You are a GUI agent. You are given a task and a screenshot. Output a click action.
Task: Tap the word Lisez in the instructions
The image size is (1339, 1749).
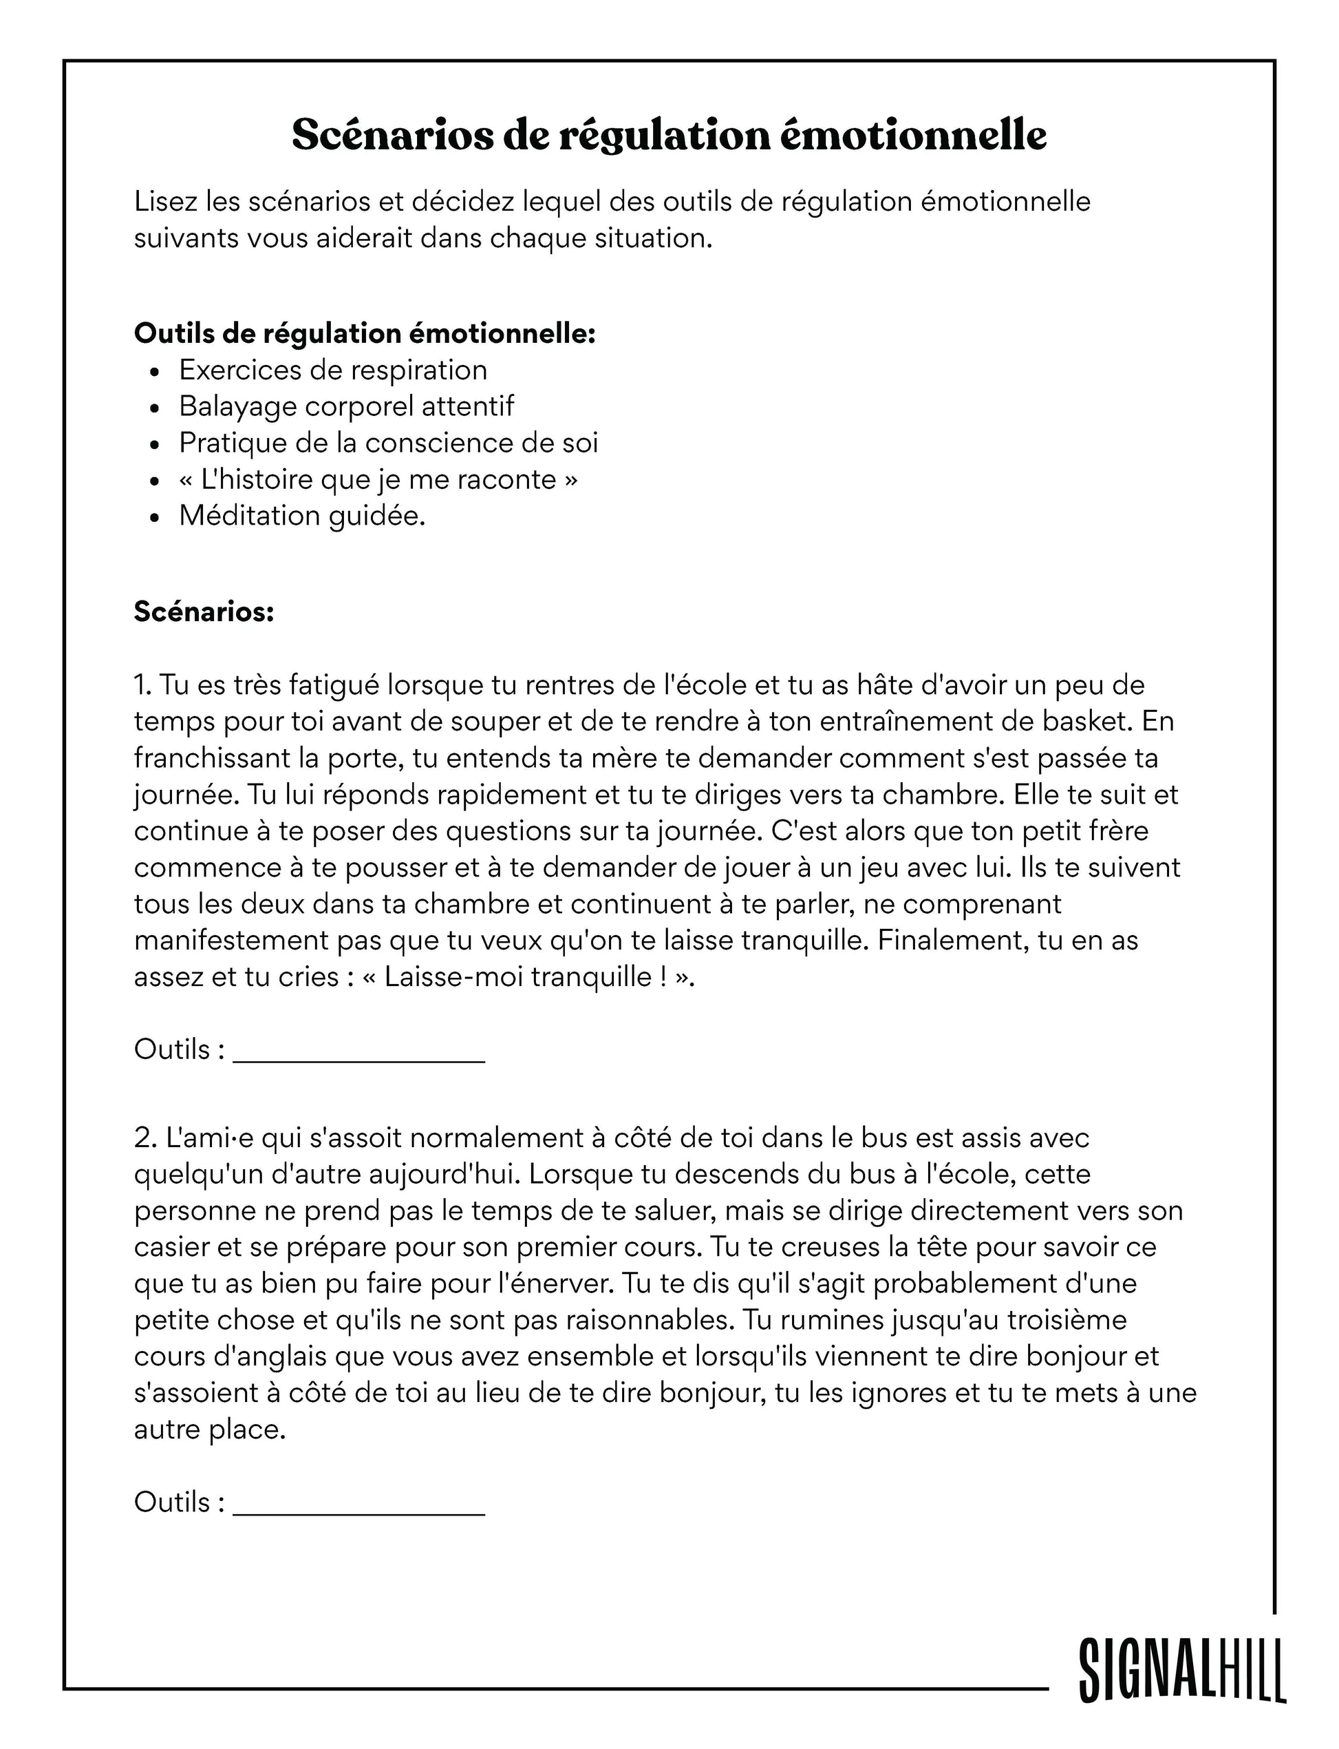tap(164, 202)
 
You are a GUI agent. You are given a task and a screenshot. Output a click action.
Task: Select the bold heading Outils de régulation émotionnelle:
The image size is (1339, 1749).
tap(364, 333)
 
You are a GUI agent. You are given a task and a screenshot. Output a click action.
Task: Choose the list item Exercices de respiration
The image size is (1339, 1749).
tap(332, 370)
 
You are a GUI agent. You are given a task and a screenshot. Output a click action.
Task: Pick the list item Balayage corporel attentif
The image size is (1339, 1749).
tap(346, 407)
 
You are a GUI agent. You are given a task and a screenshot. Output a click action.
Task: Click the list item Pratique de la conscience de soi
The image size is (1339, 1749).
tap(388, 443)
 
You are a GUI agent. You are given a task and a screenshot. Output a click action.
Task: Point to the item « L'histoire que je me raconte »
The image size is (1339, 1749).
tap(378, 479)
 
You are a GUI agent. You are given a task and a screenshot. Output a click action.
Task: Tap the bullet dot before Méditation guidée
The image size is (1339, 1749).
tap(156, 518)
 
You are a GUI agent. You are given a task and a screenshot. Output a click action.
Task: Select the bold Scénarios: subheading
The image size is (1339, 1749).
tap(204, 611)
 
